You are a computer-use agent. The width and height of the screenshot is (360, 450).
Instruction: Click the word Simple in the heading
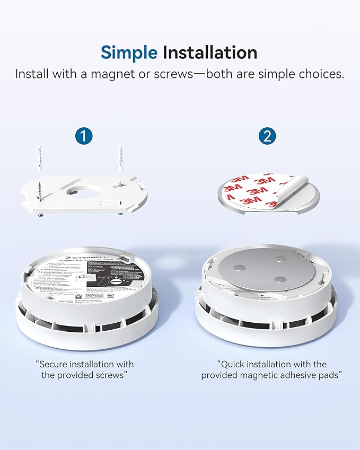click(x=129, y=52)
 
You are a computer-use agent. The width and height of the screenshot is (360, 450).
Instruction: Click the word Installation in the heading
click(x=209, y=52)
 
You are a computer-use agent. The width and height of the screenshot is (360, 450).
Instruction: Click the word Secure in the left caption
click(x=56, y=364)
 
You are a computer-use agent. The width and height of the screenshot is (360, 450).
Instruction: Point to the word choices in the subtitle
click(x=322, y=74)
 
